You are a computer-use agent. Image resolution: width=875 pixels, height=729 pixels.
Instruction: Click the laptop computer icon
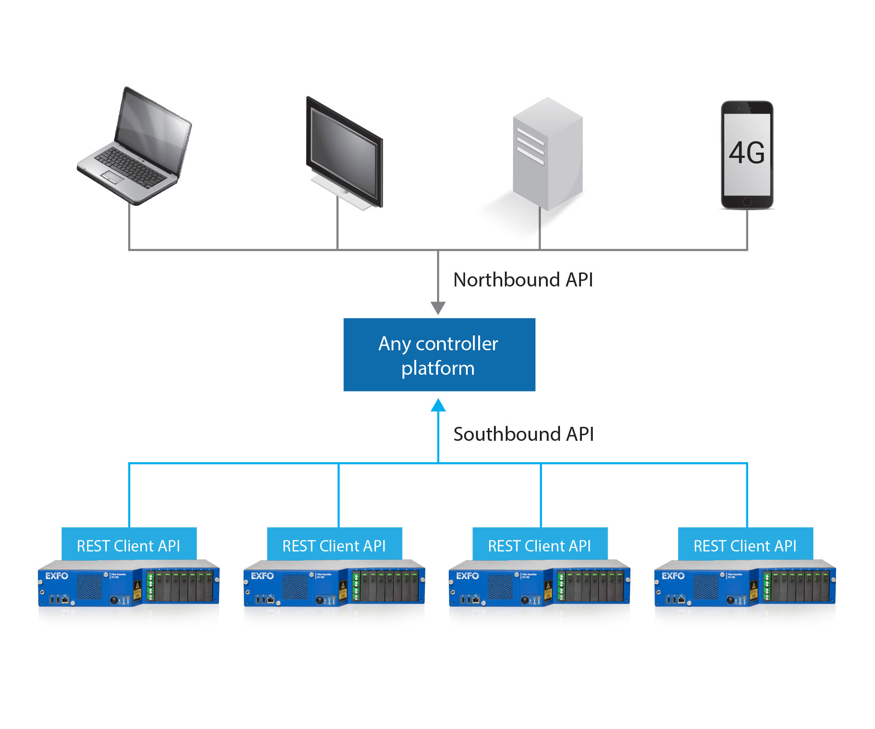click(136, 146)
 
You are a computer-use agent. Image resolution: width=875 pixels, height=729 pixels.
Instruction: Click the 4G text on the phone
click(747, 153)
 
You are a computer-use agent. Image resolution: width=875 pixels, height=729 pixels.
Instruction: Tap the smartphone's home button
click(747, 202)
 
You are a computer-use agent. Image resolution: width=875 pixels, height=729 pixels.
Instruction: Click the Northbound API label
click(523, 280)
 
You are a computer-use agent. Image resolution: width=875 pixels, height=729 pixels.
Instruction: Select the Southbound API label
click(523, 434)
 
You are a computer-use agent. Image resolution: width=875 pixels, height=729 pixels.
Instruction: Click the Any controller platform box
click(439, 355)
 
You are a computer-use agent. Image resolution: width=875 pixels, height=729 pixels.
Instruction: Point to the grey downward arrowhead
click(438, 308)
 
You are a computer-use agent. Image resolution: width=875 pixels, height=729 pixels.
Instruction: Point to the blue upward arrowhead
click(438, 405)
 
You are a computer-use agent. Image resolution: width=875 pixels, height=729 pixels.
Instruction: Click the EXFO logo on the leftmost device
click(57, 576)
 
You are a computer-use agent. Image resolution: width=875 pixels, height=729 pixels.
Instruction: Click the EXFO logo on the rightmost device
click(673, 576)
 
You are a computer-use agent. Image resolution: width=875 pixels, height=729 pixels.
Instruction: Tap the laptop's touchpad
click(112, 177)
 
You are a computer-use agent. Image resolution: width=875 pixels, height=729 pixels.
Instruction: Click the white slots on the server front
click(530, 146)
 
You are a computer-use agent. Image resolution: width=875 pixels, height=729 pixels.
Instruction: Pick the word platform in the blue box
click(438, 368)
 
